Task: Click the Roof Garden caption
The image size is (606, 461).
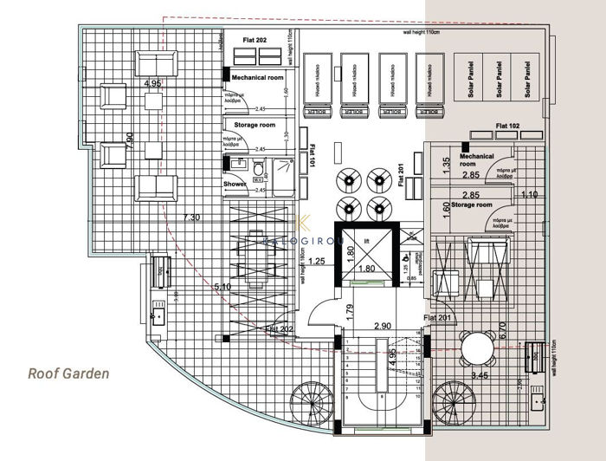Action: [68, 373]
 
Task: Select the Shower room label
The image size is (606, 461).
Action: [235, 185]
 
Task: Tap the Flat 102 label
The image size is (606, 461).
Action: [507, 127]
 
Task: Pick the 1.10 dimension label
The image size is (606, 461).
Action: [530, 195]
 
